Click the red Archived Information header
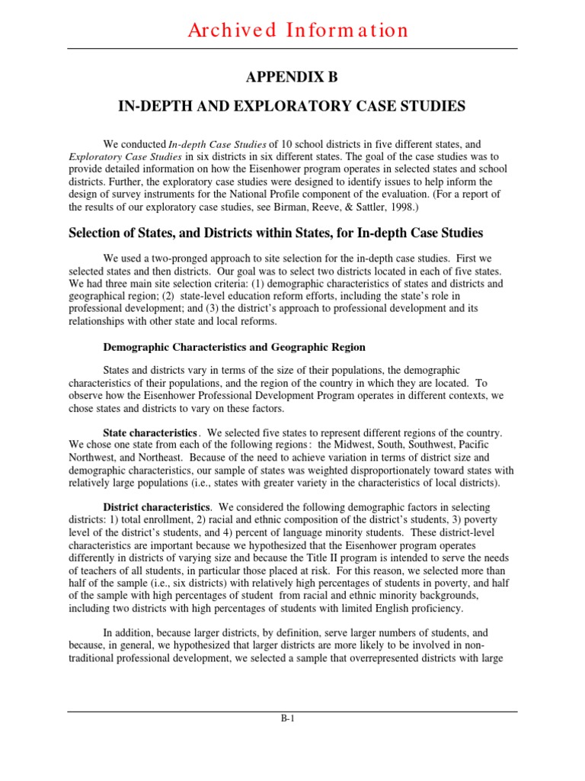pos(292,31)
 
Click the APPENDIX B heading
pos(292,78)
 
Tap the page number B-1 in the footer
pos(292,727)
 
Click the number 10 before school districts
pos(278,144)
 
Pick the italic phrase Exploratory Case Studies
pos(116,156)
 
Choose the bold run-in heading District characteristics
pos(156,507)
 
